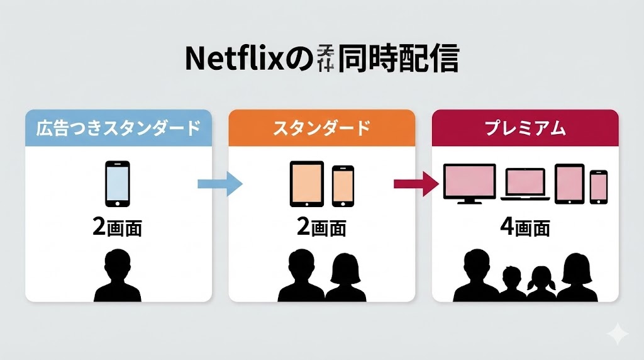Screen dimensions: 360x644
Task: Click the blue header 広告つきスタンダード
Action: (x=117, y=128)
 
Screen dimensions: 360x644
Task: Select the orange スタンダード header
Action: (x=321, y=128)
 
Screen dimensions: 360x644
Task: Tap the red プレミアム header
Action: (x=525, y=128)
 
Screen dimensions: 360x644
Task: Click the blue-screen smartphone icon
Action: (x=117, y=184)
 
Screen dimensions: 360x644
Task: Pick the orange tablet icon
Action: (x=306, y=184)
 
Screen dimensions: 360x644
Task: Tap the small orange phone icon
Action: (x=343, y=186)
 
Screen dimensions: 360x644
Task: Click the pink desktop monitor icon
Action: (x=469, y=183)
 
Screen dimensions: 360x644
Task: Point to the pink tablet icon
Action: (x=570, y=184)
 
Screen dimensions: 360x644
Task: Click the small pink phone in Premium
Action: (x=599, y=186)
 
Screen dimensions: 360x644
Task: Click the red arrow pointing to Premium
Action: (x=416, y=184)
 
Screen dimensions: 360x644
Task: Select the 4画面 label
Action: (x=525, y=227)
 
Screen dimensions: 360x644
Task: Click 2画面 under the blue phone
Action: (x=117, y=227)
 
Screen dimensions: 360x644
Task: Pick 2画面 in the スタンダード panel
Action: (x=321, y=227)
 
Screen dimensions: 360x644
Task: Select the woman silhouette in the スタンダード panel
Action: (x=346, y=278)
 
